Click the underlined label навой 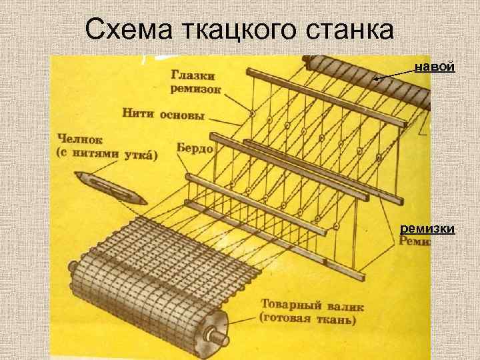click(x=435, y=67)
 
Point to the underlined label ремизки click(x=427, y=229)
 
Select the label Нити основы click(x=163, y=113)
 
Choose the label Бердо click(x=195, y=148)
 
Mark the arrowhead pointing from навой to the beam click(x=376, y=79)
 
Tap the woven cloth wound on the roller click(x=147, y=280)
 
